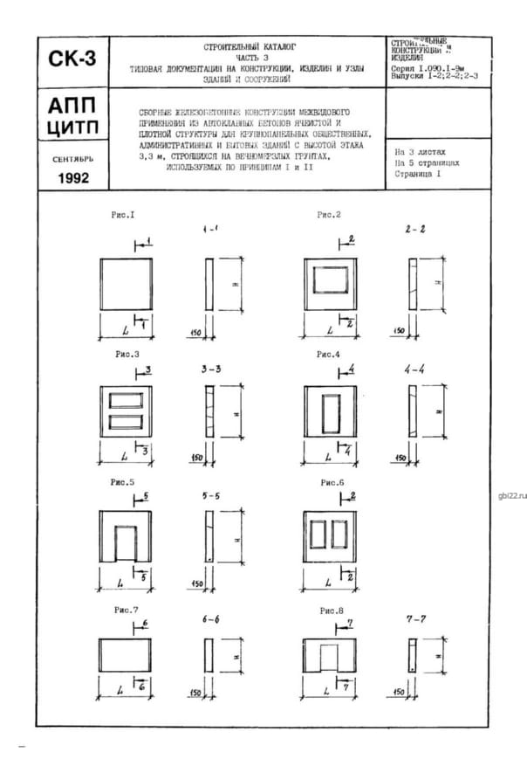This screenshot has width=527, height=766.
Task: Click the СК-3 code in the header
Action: [73, 60]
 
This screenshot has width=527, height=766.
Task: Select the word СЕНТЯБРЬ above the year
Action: [73, 160]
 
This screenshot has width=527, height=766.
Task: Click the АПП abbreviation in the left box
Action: [73, 107]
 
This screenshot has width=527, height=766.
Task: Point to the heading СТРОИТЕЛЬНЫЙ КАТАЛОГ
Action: [250, 45]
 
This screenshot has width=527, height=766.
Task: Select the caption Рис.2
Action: [329, 215]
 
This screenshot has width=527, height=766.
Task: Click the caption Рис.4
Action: [329, 355]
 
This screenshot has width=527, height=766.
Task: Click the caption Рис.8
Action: [332, 610]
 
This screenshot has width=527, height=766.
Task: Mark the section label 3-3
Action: [210, 369]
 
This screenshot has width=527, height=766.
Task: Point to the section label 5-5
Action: [210, 496]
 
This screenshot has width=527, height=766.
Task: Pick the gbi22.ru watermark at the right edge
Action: [512, 495]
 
